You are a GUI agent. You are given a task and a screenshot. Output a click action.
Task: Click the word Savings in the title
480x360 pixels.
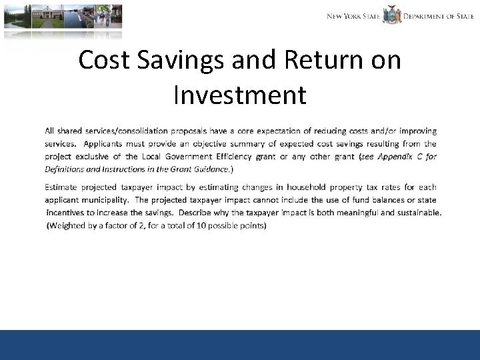coord(179,60)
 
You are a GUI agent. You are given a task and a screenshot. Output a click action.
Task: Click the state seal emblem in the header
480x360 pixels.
coord(391,15)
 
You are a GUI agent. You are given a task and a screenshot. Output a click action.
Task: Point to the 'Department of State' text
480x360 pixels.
coord(439,16)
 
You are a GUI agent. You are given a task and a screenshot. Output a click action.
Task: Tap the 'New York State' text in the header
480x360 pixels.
coord(353,16)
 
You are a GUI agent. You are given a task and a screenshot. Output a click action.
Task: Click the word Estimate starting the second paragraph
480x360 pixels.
coord(65,187)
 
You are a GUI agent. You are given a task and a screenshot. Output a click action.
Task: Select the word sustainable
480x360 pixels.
coord(413,213)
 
